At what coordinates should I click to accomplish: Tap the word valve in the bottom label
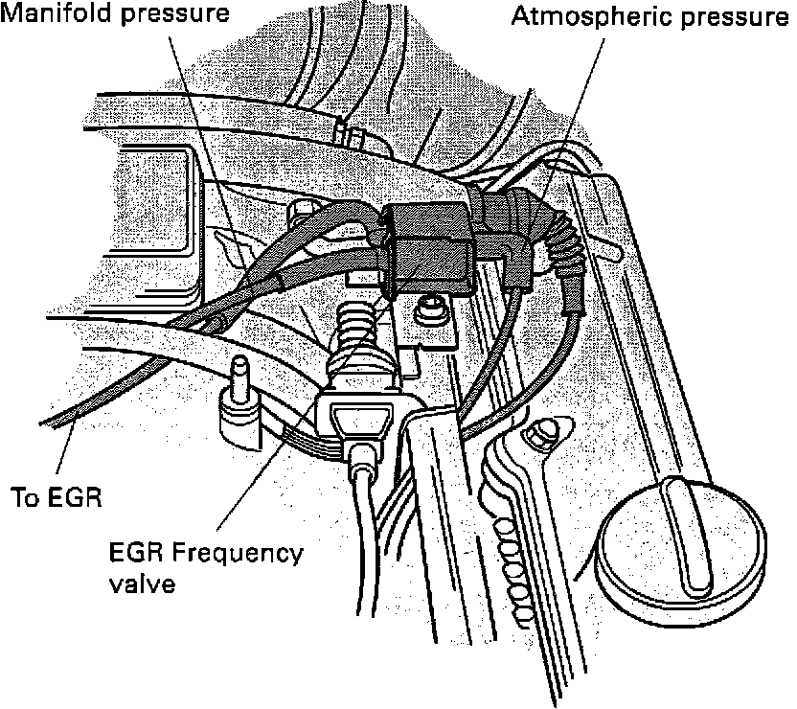[143, 583]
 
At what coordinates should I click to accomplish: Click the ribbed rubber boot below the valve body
[357, 326]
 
